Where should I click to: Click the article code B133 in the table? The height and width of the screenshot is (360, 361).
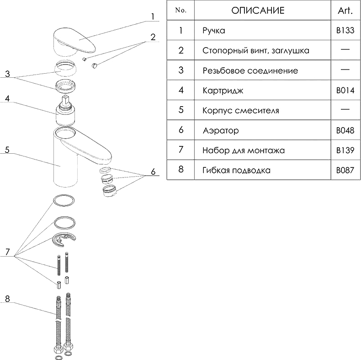[x=345, y=31]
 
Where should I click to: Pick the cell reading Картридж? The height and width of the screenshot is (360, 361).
[x=223, y=91]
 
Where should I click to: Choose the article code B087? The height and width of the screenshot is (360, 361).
[x=345, y=170]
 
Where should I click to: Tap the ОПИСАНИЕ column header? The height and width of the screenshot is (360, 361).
[x=258, y=11]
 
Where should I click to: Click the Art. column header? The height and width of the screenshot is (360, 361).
[x=345, y=11]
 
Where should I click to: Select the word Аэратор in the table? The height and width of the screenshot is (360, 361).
[x=220, y=130]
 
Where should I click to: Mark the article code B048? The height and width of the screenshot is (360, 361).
[x=345, y=130]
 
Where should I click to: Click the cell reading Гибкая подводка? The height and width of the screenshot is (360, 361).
[x=236, y=170]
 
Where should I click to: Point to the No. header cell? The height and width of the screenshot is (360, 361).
[x=181, y=11]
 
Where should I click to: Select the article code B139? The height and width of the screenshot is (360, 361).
[x=345, y=150]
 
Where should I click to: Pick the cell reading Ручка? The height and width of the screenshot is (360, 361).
[x=214, y=31]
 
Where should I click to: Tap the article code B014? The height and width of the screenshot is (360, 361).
[x=345, y=91]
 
